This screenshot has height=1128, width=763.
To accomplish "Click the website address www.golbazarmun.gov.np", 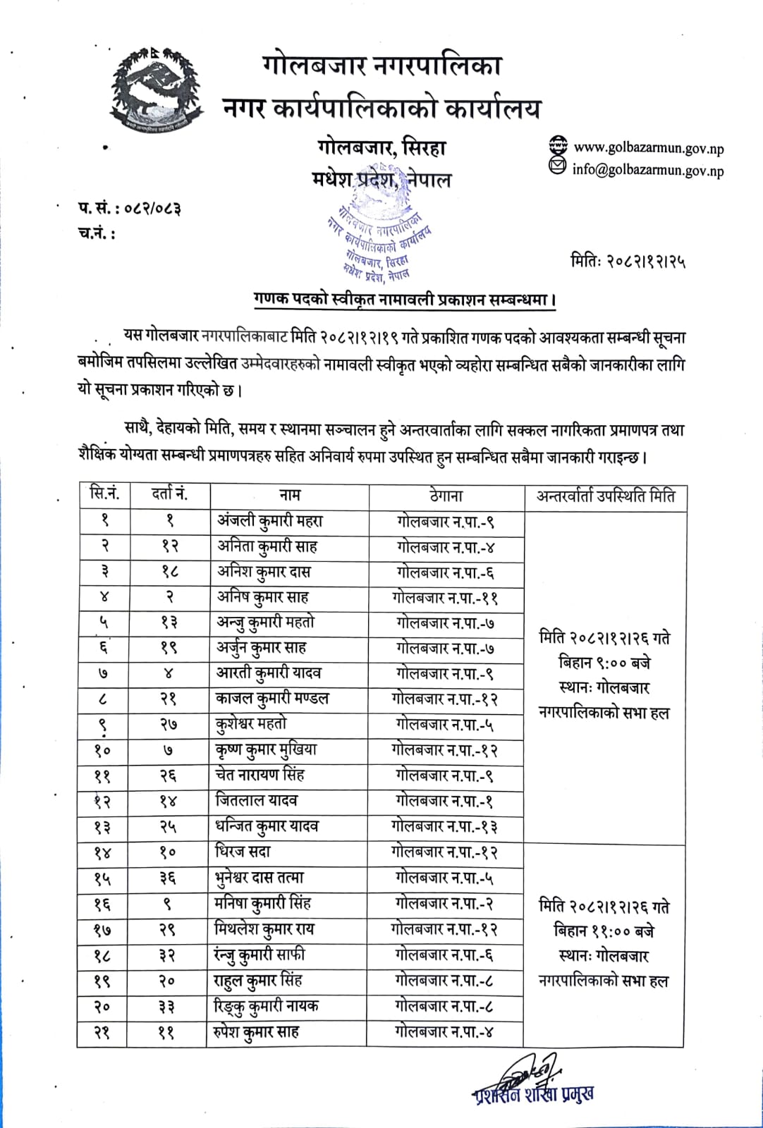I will (x=648, y=148).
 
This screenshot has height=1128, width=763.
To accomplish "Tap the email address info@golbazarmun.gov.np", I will (x=647, y=170).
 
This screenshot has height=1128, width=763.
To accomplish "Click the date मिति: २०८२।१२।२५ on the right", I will (x=628, y=262).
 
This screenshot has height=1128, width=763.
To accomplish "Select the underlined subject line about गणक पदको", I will (x=405, y=300).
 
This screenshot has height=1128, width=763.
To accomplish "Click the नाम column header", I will (x=289, y=496).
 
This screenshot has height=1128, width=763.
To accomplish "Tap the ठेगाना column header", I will (x=446, y=496).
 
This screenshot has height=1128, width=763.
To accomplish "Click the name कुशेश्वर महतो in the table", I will (x=251, y=724).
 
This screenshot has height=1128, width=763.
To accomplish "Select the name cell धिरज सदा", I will (x=243, y=852).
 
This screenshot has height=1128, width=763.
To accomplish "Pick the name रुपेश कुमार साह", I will (x=257, y=1032).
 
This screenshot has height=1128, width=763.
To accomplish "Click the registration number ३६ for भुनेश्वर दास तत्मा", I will (x=167, y=878).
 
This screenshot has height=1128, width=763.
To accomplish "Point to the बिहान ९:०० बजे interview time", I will (x=604, y=663).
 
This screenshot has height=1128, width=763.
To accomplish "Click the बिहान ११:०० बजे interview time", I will (x=604, y=931).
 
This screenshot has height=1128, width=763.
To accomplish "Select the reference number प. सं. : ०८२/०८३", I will (x=129, y=208).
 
